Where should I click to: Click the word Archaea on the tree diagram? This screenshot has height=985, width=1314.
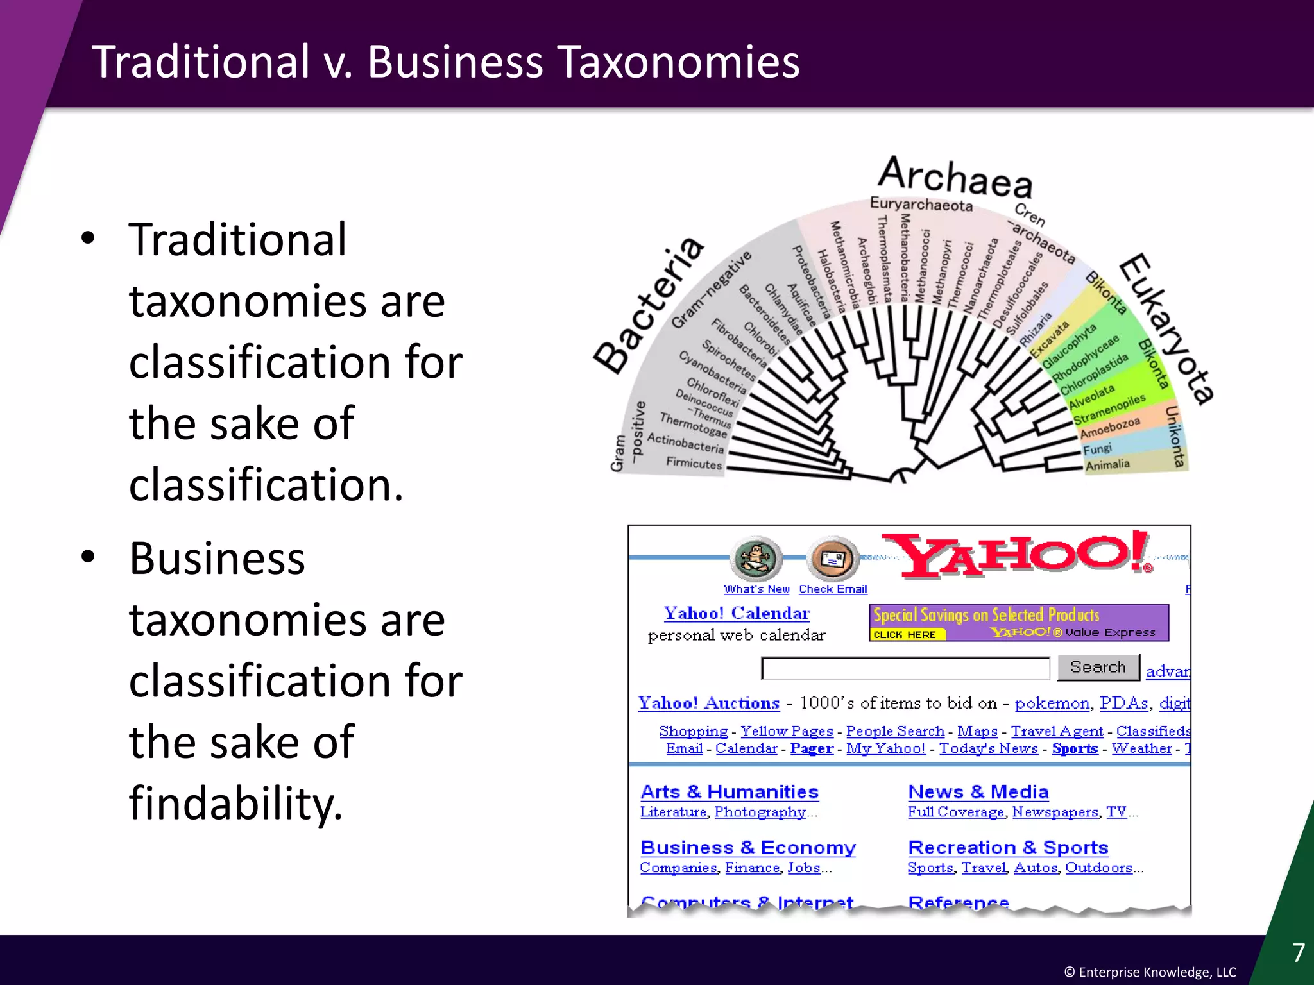pos(955,176)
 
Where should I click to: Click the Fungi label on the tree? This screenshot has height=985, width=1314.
pos(1097,448)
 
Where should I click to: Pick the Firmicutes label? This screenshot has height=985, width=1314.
pos(694,462)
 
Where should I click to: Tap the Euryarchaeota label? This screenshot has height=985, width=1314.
pos(921,205)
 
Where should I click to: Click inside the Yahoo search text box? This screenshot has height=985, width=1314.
pos(905,668)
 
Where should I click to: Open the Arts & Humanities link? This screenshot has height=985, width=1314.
pos(730,792)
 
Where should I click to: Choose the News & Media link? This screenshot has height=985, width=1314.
pos(978,792)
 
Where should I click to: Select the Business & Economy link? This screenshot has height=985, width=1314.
pos(748,848)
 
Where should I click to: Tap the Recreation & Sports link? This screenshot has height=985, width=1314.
pos(1007,848)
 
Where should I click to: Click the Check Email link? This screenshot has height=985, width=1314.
pos(832,589)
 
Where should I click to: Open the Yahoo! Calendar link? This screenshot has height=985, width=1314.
pos(737,613)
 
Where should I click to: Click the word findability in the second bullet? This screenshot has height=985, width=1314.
pos(235,803)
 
